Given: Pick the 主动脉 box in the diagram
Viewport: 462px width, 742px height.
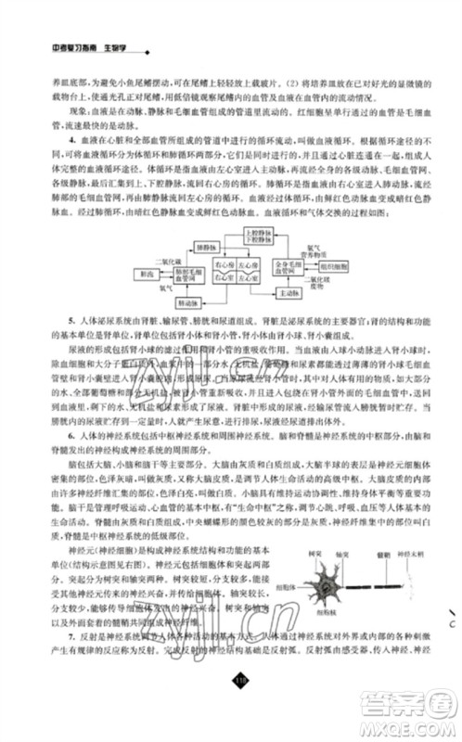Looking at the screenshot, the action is pyautogui.click(x=290, y=292).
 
